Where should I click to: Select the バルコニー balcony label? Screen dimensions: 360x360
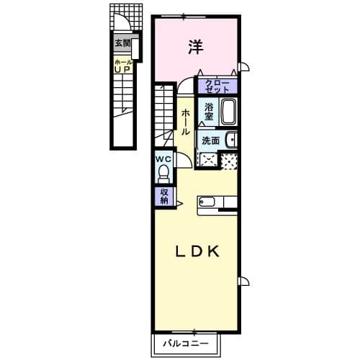[184, 343]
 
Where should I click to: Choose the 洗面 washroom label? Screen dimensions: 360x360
[210, 140]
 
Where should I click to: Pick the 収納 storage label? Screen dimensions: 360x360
[163, 195]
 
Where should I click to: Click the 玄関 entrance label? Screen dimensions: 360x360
[122, 43]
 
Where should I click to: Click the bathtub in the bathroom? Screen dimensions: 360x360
[228, 112]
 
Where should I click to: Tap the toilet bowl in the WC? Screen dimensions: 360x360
[163, 174]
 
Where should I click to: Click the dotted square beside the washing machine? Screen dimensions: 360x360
[228, 161]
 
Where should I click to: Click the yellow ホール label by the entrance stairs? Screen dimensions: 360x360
[122, 63]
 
